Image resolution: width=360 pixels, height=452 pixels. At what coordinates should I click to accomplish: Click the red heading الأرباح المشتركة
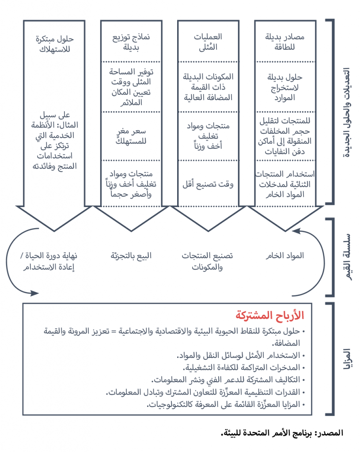click(270, 316)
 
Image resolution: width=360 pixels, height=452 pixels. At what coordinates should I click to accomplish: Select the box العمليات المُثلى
click(208, 41)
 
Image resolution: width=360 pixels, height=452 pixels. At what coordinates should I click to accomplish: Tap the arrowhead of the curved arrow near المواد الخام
click(296, 230)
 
